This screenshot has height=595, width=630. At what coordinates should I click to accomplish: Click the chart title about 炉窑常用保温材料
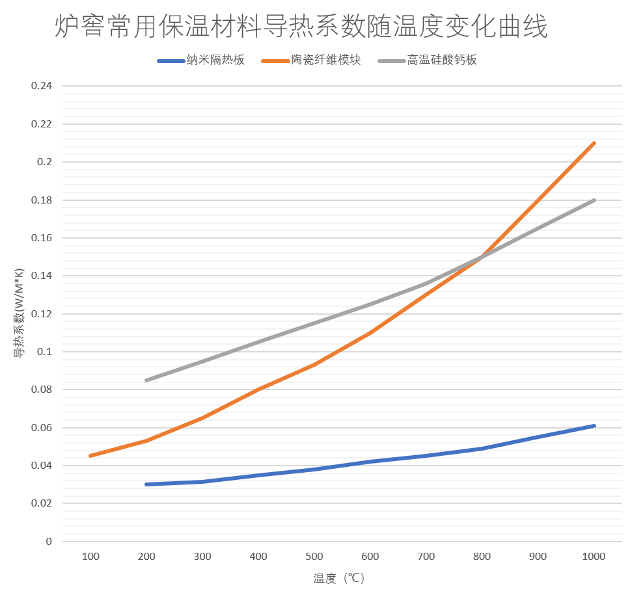coord(301,28)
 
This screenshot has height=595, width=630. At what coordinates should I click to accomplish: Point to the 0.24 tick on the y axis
coord(42,86)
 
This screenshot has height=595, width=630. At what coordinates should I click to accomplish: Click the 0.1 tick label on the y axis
coord(44,352)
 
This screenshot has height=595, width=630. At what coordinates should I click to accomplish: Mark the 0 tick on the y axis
coord(49,542)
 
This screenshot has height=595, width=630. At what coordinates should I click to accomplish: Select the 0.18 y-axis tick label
coord(42,200)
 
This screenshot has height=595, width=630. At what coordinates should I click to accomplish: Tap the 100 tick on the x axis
coord(90,557)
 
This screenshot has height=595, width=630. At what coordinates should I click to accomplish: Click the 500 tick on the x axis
coord(314,557)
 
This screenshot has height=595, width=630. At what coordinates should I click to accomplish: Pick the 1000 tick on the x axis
coord(594,557)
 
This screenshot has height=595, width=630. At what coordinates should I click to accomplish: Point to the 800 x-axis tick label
coord(482,557)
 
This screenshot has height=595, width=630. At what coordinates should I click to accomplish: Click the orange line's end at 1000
coord(594,143)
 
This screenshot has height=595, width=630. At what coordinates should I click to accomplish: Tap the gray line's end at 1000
coord(594,200)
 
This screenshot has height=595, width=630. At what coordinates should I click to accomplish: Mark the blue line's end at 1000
coord(594,426)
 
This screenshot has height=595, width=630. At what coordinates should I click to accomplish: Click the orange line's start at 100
coord(90,456)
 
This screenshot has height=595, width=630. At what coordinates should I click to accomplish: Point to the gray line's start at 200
coord(146,380)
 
